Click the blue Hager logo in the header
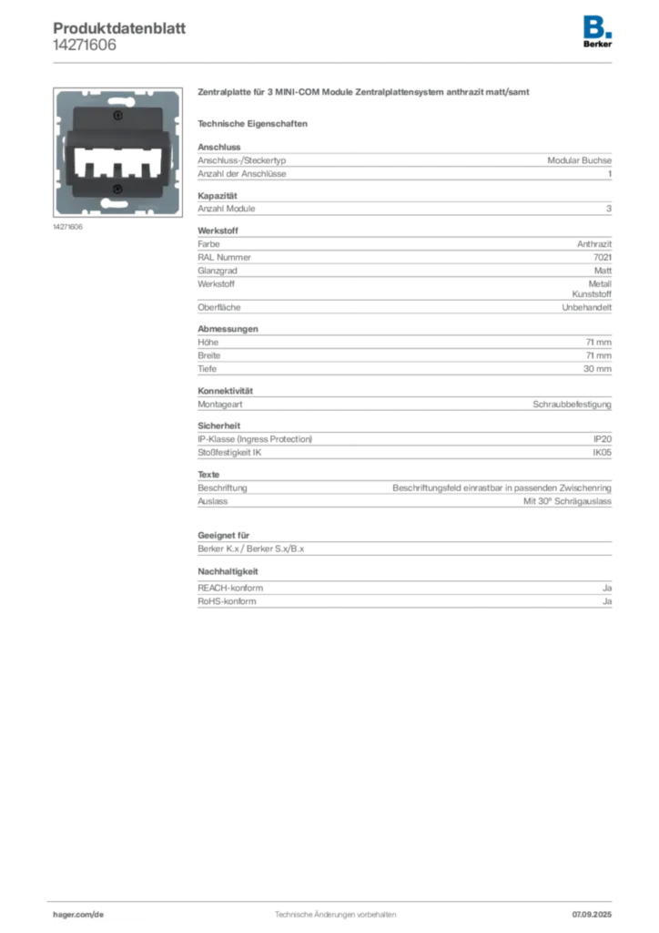pos(598,25)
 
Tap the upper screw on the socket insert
pos(117,116)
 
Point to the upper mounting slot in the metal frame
pos(117,100)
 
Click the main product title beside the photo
pos(363,94)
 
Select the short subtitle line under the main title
pos(255,123)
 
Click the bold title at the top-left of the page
pos(119,25)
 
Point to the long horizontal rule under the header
pos(334,62)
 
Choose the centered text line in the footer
pos(334,911)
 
